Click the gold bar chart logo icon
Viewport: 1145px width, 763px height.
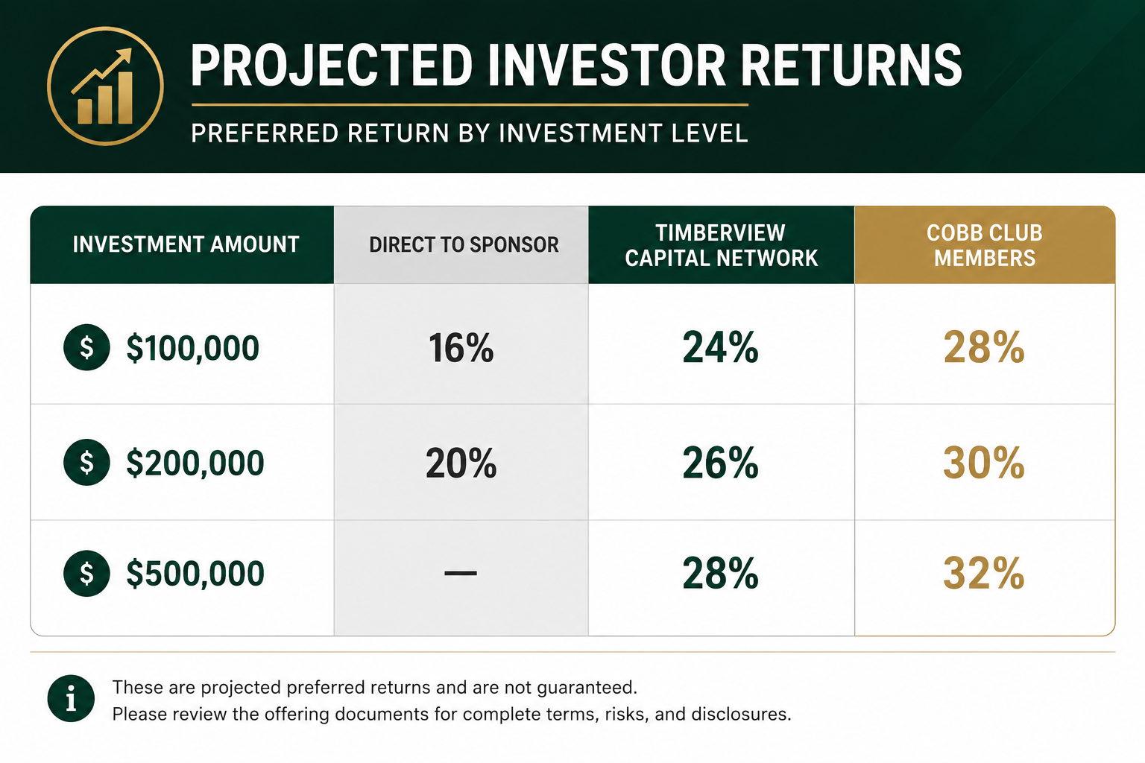tap(105, 86)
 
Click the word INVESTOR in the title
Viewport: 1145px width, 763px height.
tap(606, 66)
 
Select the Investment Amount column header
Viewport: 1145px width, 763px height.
tap(186, 244)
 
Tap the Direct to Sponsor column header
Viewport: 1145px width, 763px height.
tap(464, 245)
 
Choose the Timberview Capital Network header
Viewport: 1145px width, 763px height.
tap(722, 245)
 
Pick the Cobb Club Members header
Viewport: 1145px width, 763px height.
tap(985, 245)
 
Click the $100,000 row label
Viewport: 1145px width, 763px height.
tap(193, 348)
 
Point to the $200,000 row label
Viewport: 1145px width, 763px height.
tap(195, 463)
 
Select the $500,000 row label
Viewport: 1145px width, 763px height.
tap(195, 573)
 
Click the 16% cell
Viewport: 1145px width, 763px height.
tap(461, 348)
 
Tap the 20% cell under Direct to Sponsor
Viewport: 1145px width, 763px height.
tap(461, 463)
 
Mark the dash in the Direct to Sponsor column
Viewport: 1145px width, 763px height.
tap(461, 574)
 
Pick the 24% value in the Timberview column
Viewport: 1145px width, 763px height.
tap(720, 347)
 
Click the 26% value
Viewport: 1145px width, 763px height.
tap(720, 463)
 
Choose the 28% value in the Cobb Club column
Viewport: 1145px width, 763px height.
tap(984, 347)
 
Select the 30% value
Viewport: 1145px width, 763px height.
tap(984, 463)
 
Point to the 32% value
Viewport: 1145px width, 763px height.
tap(984, 574)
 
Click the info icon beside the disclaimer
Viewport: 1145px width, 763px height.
tap(71, 698)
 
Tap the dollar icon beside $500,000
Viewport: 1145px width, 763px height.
tap(86, 574)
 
